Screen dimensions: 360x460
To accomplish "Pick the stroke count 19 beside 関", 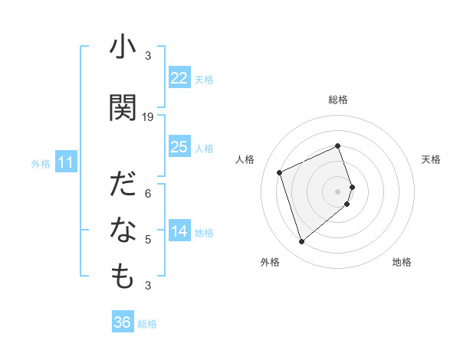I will click(x=148, y=117).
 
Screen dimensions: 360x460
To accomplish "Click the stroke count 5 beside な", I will click(x=148, y=240).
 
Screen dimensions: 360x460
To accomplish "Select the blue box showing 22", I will click(x=179, y=78).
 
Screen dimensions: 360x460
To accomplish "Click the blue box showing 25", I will click(x=179, y=147).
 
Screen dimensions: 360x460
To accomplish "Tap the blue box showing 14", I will click(x=179, y=232).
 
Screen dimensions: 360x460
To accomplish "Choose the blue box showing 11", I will click(x=65, y=162).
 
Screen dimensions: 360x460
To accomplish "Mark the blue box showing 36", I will click(x=122, y=322).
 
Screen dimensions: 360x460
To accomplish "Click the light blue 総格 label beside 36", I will click(x=147, y=324).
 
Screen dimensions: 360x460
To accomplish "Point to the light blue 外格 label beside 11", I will click(x=40, y=163).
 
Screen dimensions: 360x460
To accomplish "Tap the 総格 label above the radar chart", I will click(x=338, y=100).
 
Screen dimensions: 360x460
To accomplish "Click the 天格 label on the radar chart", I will click(x=431, y=159).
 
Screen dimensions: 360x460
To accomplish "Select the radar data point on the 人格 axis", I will click(x=280, y=172).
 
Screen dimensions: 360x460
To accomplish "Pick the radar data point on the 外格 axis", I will click(x=301, y=242).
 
